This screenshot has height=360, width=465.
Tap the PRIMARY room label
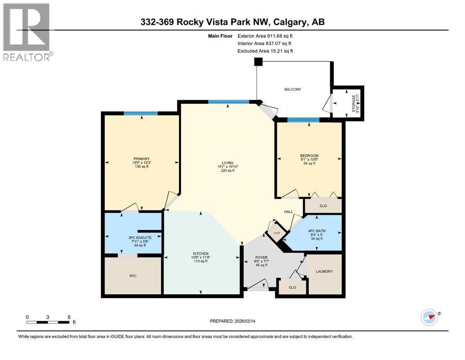pyautogui.click(x=141, y=159)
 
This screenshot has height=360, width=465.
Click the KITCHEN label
pyautogui.click(x=200, y=253)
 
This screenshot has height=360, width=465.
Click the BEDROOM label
pyautogui.click(x=309, y=156)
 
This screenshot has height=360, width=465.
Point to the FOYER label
pyautogui.click(x=261, y=257)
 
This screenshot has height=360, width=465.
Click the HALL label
pyautogui.click(x=288, y=212)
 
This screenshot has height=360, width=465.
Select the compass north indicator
pyautogui.click(x=429, y=317)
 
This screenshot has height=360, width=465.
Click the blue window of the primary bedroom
pyautogui.click(x=140, y=113)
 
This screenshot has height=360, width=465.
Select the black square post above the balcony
pyautogui.click(x=257, y=62)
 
